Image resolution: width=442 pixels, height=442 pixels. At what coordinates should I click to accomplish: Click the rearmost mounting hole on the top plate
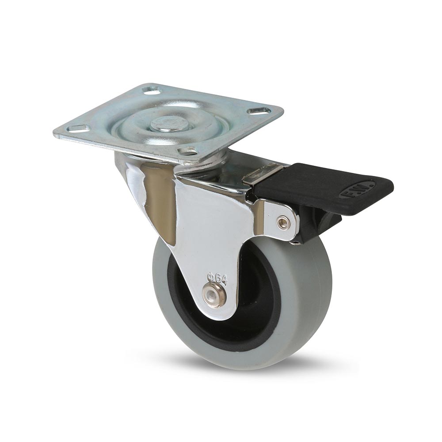[152, 90]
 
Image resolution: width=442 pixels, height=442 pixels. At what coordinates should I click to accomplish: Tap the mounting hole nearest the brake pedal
[259, 110]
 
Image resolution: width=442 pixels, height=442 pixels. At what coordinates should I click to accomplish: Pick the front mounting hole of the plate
[188, 151]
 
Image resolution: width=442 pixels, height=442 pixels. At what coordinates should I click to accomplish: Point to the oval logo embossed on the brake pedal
[357, 189]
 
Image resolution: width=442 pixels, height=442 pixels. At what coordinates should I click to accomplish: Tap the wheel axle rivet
[214, 294]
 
